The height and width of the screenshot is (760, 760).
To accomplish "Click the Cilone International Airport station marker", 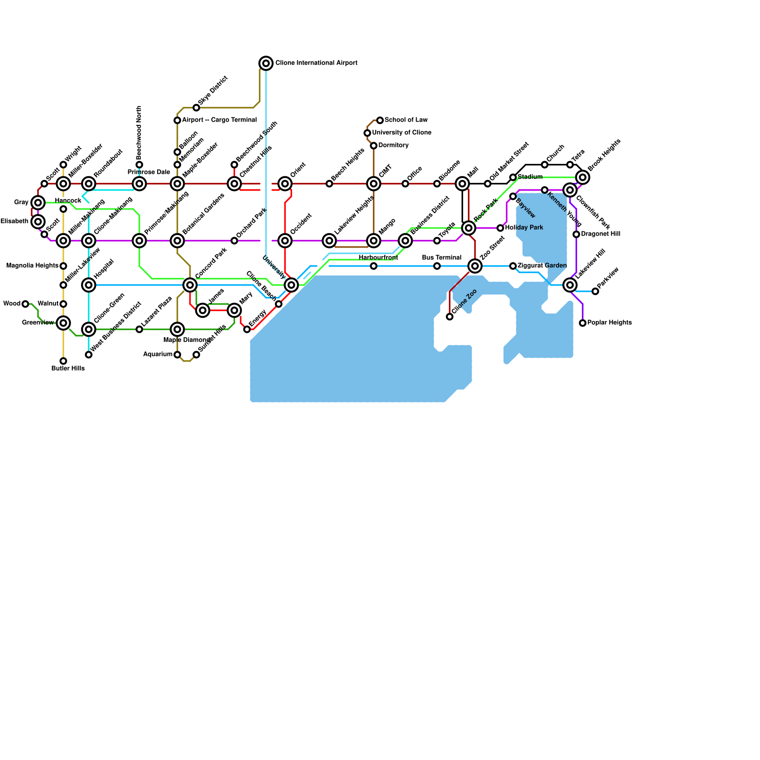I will (266, 63).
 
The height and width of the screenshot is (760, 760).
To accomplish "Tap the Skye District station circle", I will (196, 108).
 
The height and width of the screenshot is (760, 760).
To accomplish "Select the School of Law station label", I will (406, 120).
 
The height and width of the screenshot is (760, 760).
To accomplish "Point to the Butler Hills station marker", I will (63, 361).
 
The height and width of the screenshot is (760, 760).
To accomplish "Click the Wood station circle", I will (26, 304).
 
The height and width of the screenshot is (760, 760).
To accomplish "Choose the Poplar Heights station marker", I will (583, 323).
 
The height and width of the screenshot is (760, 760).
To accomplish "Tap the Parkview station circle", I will (595, 291).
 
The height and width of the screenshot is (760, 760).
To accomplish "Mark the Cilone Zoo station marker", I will (450, 317).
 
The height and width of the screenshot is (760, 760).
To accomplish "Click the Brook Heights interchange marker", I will (583, 177).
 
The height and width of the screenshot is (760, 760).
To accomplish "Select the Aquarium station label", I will (158, 354).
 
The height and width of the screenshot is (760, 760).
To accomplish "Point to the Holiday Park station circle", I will (500, 228).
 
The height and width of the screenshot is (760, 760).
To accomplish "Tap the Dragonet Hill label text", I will (600, 234).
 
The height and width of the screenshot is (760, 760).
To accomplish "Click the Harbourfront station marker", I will (374, 266).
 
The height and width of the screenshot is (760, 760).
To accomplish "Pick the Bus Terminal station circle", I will (437, 266).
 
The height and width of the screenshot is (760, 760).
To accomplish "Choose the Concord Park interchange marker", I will (190, 285).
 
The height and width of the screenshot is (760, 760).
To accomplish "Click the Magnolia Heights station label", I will (32, 266).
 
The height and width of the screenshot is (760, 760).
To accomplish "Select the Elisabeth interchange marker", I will (38, 221).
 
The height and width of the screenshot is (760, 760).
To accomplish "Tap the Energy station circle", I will (247, 329).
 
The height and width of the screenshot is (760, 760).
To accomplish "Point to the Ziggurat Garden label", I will (542, 266).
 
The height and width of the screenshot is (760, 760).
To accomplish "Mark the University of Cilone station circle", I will (367, 133).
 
